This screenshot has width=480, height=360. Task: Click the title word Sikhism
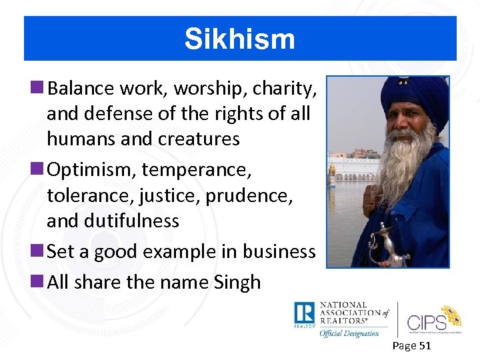(x=239, y=39)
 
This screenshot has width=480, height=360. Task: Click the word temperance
(x=197, y=170)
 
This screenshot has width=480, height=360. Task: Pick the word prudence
(x=254, y=195)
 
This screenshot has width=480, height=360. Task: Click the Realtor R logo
(x=304, y=314)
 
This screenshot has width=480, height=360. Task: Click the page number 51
(x=424, y=345)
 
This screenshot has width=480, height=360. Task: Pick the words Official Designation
(x=349, y=333)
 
